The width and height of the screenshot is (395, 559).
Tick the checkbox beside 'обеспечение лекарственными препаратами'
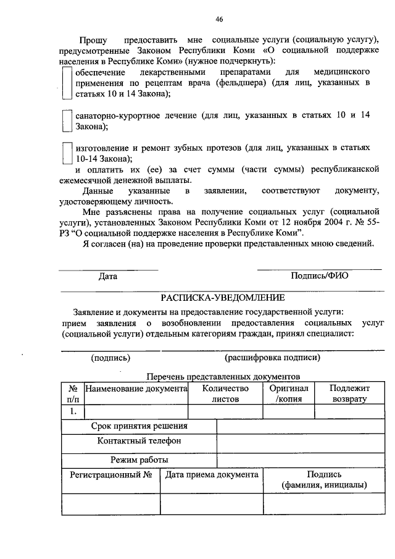[x=67, y=83]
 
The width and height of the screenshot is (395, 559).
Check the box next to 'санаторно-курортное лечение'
[x=67, y=120]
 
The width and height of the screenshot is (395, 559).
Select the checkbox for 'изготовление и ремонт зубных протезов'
[x=67, y=153]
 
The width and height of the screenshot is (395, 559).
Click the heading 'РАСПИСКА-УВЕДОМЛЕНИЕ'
[x=223, y=298]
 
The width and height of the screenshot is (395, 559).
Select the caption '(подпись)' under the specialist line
[x=110, y=357]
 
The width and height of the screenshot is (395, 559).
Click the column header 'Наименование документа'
[x=136, y=389]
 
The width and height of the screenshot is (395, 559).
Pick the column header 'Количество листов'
[x=225, y=393]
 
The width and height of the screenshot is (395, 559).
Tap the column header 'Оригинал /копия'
[x=289, y=393]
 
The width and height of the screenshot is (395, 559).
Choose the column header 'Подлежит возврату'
[x=349, y=393]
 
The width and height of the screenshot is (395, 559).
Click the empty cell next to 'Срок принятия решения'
[x=300, y=426]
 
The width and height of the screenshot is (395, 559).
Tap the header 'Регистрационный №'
[x=111, y=475]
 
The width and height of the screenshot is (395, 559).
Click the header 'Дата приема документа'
[x=212, y=475]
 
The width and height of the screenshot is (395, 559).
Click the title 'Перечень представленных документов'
[x=223, y=376]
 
